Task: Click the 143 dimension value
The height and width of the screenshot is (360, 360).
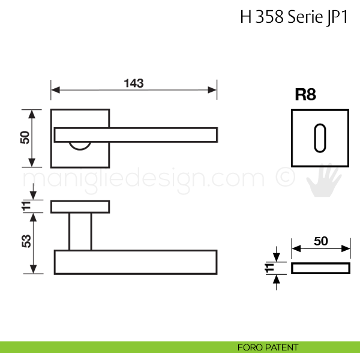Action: point(134,83)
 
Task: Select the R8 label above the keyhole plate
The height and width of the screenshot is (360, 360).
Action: point(305,94)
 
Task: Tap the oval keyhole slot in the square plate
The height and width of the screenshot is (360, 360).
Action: point(320,138)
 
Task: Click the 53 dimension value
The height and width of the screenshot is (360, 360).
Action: point(26,241)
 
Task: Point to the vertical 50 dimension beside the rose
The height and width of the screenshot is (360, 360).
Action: point(25,137)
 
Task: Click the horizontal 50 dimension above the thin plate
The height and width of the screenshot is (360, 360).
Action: point(321,241)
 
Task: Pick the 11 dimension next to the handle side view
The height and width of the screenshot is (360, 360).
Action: point(26,206)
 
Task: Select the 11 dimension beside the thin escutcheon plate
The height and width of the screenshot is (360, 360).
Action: point(269,268)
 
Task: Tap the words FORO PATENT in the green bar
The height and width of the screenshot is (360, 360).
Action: point(268,347)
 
